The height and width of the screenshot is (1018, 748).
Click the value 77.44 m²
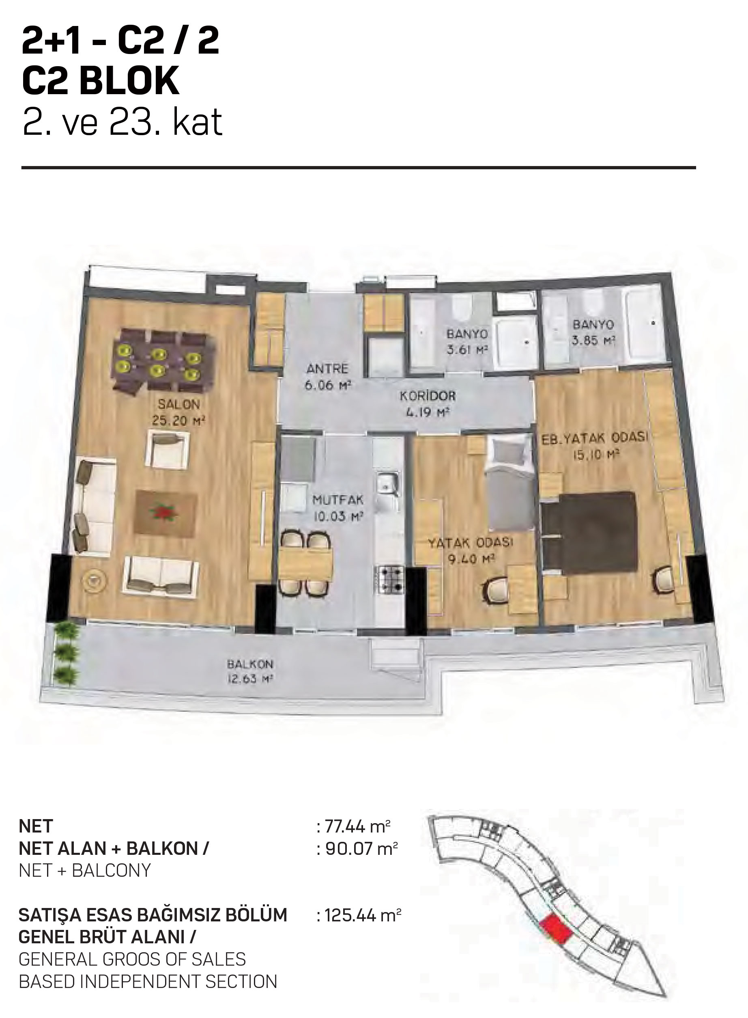(x=358, y=826)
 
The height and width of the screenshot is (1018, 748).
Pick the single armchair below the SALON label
(x=168, y=449)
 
